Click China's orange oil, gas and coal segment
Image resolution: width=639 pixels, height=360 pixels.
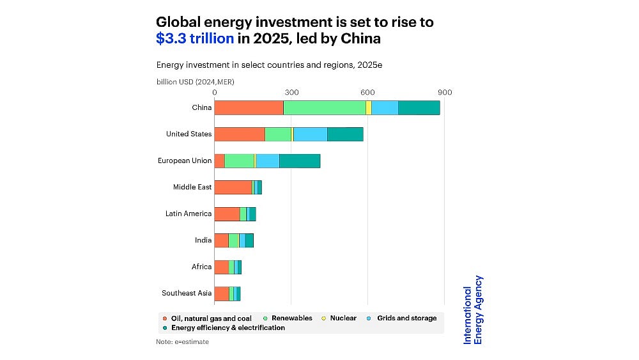coord(249,107)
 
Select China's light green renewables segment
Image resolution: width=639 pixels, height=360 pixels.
coord(325,107)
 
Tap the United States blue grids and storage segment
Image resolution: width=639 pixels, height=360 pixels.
coord(310,134)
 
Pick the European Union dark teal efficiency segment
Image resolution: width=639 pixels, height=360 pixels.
coord(300,160)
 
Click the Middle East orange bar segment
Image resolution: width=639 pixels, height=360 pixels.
coord(233,187)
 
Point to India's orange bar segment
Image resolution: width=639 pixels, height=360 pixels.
coord(221,240)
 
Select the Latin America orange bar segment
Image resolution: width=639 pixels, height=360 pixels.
coord(227,214)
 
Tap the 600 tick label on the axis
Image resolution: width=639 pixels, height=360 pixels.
coord(368,93)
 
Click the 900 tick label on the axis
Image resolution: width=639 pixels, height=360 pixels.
coord(445,93)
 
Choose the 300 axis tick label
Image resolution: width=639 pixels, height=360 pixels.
coord(291,93)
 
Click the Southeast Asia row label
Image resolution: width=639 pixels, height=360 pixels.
coord(187,293)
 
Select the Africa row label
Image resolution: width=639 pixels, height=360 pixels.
coord(201,267)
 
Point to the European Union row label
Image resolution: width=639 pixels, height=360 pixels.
coord(185,160)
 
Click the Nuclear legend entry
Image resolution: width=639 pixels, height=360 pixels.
coord(343,318)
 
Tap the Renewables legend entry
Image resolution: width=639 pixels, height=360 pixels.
coord(291,318)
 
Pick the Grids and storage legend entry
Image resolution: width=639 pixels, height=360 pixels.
coord(406,318)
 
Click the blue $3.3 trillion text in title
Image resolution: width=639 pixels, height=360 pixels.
coord(195,38)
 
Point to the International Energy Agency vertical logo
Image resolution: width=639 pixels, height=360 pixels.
coord(473,309)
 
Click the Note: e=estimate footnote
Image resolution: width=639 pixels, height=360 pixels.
coord(182,342)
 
